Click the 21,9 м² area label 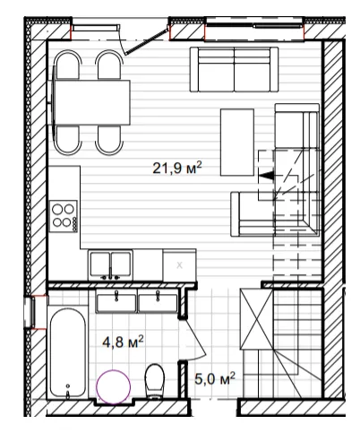(x=177, y=168)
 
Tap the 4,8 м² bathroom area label (x=123, y=342)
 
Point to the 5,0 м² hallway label (x=215, y=378)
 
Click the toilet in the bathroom (x=155, y=381)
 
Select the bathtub (x=68, y=352)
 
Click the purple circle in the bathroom (x=114, y=386)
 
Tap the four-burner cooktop (x=64, y=216)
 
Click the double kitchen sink (x=110, y=264)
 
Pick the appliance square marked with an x (x=179, y=264)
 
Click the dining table (x=91, y=102)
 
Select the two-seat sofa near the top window (x=235, y=69)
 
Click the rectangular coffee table (x=237, y=143)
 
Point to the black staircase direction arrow (x=266, y=176)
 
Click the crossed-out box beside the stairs (x=257, y=318)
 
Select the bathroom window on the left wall (x=30, y=312)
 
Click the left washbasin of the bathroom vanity (x=116, y=303)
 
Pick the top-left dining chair (x=68, y=65)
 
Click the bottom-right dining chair (x=109, y=140)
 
